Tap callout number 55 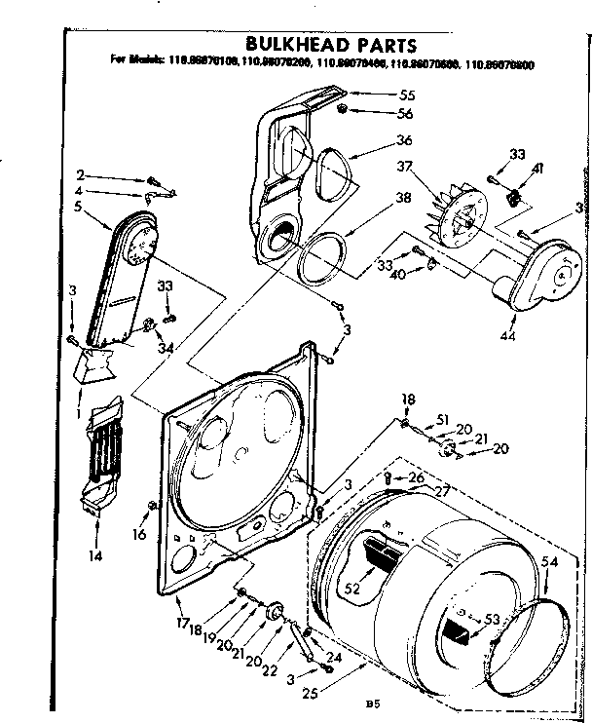click(407, 96)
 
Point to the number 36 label click(404, 140)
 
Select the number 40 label click(396, 274)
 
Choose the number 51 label click(443, 420)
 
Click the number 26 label click(417, 477)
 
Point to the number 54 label click(548, 563)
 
